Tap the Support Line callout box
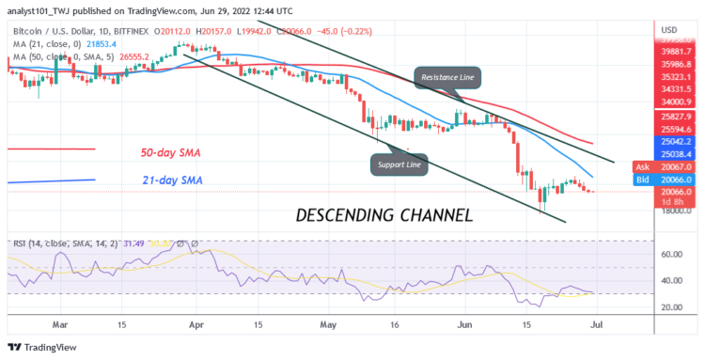pyautogui.click(x=399, y=164)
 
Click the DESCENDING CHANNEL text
pyautogui.click(x=384, y=215)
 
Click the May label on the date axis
pyautogui.click(x=326, y=324)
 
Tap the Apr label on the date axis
pyautogui.click(x=196, y=324)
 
